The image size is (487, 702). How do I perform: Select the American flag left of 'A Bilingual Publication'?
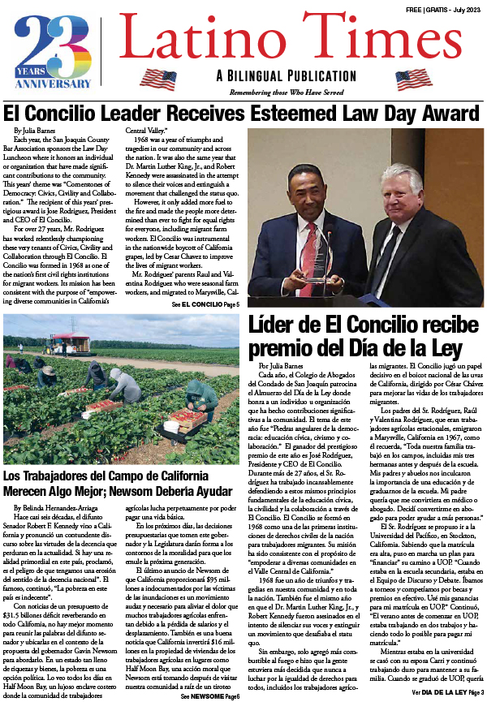[157, 79]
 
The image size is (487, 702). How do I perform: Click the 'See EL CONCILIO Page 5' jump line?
[205, 303]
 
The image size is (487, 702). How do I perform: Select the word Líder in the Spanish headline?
[281, 325]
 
